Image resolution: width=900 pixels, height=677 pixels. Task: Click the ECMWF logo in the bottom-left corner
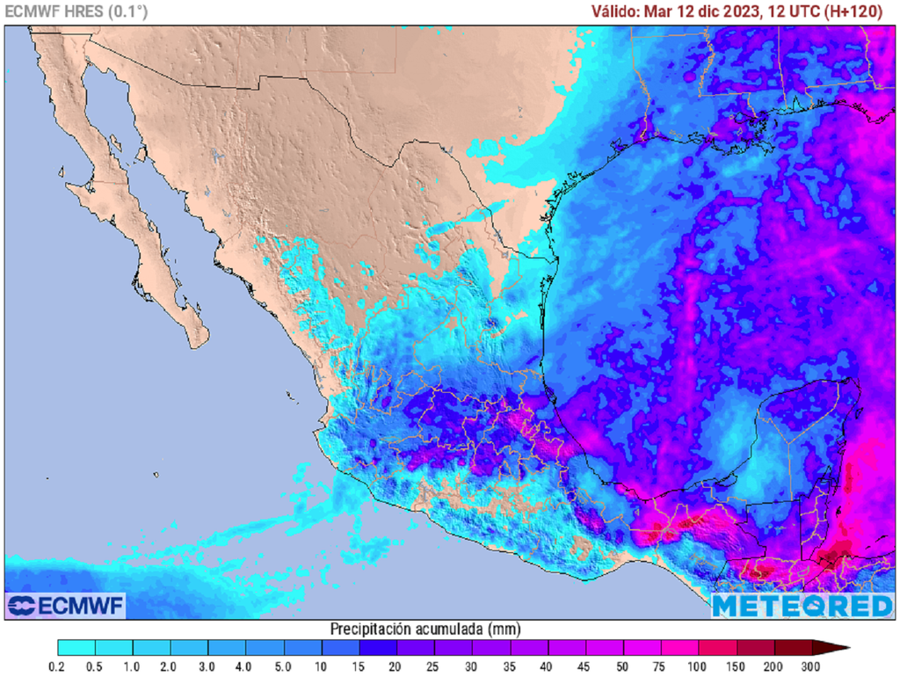point(67,605)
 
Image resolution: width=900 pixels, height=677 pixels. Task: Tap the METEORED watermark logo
point(802,605)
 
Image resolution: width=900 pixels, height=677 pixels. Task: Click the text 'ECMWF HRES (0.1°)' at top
point(76,11)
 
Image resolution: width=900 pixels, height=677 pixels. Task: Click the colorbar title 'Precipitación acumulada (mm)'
point(425,629)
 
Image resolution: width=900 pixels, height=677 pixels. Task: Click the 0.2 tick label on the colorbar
point(58,666)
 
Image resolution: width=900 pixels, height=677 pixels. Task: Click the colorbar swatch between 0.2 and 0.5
point(76,649)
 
